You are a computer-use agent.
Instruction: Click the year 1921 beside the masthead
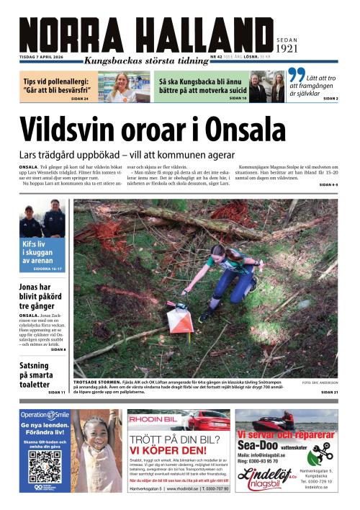[x=286, y=49]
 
